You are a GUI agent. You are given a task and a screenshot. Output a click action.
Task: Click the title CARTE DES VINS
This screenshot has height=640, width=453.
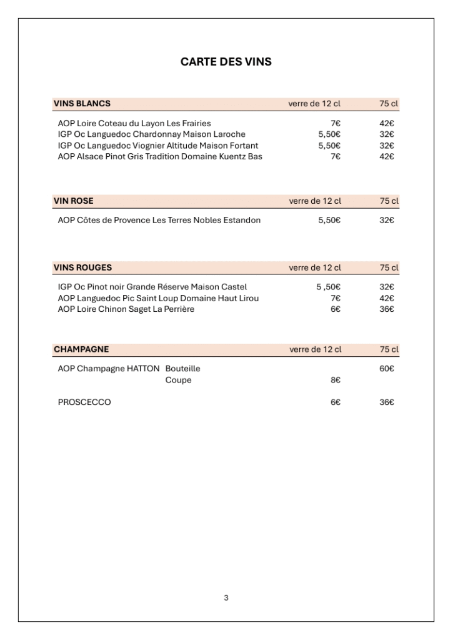(x=226, y=62)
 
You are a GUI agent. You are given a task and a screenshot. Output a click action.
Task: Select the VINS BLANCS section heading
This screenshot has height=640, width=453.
(x=82, y=104)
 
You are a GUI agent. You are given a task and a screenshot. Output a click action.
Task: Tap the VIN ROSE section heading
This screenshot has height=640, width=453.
(x=74, y=201)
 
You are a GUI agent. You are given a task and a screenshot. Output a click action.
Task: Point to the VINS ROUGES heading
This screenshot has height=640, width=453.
(x=82, y=267)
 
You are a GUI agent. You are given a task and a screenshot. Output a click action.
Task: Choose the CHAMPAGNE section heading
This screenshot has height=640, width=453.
(x=81, y=349)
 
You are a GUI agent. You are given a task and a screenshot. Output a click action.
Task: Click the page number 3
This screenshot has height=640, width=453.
(x=226, y=598)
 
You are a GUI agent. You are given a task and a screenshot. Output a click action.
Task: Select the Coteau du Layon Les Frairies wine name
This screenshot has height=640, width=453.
(x=134, y=123)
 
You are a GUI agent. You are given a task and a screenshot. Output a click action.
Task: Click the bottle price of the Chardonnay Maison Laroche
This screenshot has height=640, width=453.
(x=387, y=134)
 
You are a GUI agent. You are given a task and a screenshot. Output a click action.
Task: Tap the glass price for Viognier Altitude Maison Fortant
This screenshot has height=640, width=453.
(x=329, y=146)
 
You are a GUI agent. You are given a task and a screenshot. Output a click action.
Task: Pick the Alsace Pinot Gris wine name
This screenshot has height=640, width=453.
(x=160, y=156)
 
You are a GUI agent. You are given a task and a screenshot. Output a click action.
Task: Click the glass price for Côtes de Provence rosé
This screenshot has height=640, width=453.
(x=329, y=220)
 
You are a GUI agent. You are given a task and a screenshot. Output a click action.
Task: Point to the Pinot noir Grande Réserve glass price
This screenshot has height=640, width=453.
(x=328, y=287)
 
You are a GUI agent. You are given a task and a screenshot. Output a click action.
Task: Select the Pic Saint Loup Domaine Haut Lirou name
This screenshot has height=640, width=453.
(x=158, y=298)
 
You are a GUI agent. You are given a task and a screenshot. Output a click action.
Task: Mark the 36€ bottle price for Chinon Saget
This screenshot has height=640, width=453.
(x=387, y=309)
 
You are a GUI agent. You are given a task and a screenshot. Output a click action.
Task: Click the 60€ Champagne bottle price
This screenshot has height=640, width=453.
(x=387, y=369)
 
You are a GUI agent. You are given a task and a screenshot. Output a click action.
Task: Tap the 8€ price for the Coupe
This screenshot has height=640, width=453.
(x=335, y=380)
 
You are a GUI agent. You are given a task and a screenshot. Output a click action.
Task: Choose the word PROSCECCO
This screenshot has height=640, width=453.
(x=84, y=402)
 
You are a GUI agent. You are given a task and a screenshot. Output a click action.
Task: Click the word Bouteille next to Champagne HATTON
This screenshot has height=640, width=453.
(x=182, y=369)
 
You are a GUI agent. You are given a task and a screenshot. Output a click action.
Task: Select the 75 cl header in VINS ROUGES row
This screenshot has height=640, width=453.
(x=389, y=267)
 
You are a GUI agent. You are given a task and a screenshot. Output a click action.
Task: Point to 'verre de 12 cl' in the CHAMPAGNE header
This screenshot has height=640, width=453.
(x=315, y=349)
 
